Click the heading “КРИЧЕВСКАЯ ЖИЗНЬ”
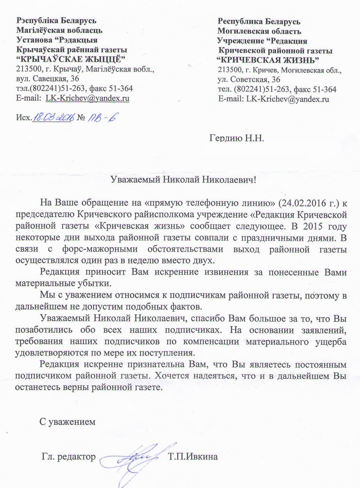pos(268,60)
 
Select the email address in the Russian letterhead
pos(288,99)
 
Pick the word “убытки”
pos(94,284)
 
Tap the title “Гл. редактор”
pos(68,457)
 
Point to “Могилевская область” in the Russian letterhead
pos(260,32)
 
